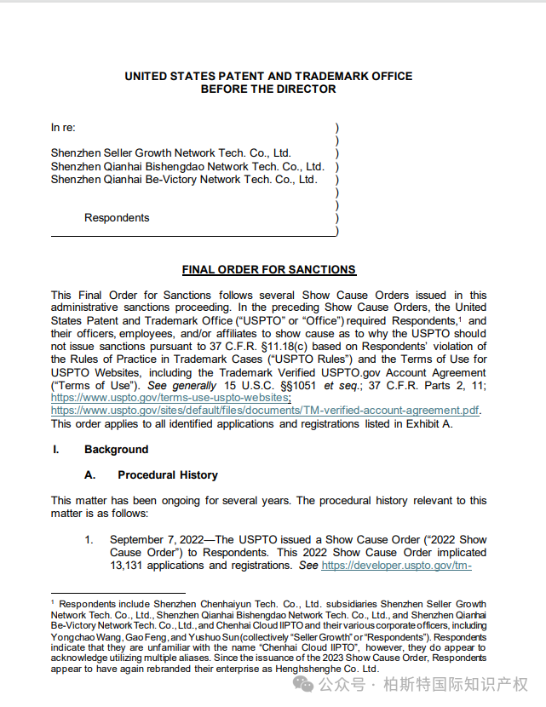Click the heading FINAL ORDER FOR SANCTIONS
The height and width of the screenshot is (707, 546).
[x=268, y=270]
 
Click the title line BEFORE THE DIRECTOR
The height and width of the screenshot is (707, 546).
[x=268, y=89]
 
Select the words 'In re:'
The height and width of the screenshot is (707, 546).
[x=63, y=128]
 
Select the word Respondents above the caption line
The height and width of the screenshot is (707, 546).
[x=117, y=218]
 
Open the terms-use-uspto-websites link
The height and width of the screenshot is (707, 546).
[x=170, y=398]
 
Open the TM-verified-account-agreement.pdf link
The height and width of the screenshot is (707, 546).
[x=265, y=411]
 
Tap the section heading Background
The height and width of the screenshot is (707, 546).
[x=116, y=450]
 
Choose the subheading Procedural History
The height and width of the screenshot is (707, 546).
[x=167, y=474]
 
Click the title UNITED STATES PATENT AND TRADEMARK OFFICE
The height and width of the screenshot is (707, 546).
[x=268, y=76]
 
